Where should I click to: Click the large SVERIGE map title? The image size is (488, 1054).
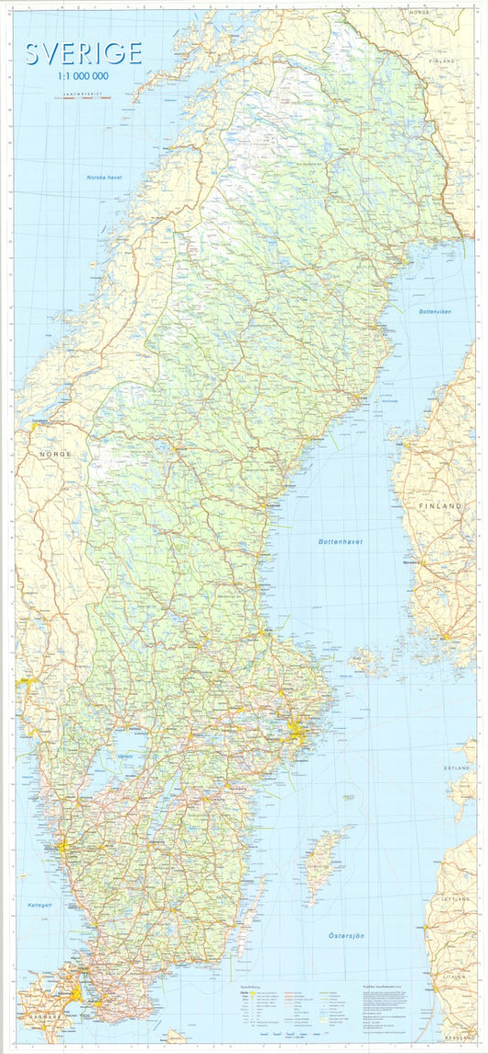pyautogui.click(x=83, y=54)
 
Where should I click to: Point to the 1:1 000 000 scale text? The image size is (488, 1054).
pyautogui.click(x=83, y=79)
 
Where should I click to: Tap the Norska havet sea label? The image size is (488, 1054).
pyautogui.click(x=104, y=177)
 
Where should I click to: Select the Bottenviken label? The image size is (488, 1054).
pyautogui.click(x=431, y=311)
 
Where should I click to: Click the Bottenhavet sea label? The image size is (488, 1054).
pyautogui.click(x=341, y=542)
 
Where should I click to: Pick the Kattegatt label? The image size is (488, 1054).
pyautogui.click(x=39, y=904)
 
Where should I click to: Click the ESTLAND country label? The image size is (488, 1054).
pyautogui.click(x=457, y=766)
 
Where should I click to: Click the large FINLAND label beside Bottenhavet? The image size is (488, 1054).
pyautogui.click(x=437, y=505)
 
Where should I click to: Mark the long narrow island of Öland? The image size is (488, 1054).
pyautogui.click(x=247, y=916)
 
